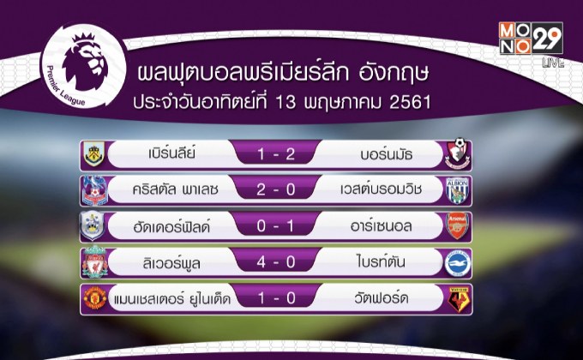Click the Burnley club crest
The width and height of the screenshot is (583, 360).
(x=91, y=155)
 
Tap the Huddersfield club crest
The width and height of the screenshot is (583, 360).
(x=91, y=226)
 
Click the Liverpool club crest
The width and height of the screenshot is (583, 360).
(x=91, y=262)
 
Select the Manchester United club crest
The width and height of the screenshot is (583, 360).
(x=91, y=298)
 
